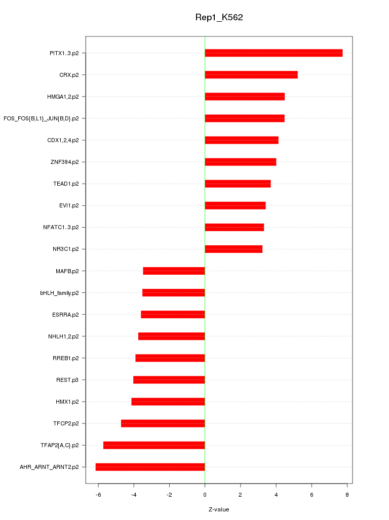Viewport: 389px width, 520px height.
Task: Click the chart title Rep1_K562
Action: (219, 18)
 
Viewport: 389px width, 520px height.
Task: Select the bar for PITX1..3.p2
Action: (274, 53)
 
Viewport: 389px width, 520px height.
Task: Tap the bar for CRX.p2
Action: (251, 75)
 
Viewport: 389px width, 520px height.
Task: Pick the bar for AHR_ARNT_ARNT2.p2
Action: (150, 467)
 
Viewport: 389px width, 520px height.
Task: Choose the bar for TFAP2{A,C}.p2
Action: (154, 445)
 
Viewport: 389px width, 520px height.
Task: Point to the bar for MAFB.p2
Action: (174, 271)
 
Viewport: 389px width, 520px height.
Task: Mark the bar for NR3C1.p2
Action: (234, 249)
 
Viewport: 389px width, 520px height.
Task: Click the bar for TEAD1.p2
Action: (238, 184)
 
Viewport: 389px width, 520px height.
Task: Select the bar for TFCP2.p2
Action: (163, 423)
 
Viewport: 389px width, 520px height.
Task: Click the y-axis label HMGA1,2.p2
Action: (63, 97)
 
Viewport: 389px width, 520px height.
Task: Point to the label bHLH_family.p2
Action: (59, 293)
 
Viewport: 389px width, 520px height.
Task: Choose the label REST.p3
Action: (67, 380)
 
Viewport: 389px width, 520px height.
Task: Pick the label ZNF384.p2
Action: (64, 162)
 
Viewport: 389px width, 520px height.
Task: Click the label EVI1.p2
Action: (69, 205)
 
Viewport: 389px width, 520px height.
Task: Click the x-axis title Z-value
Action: (219, 509)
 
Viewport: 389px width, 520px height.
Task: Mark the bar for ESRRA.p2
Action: (173, 315)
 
